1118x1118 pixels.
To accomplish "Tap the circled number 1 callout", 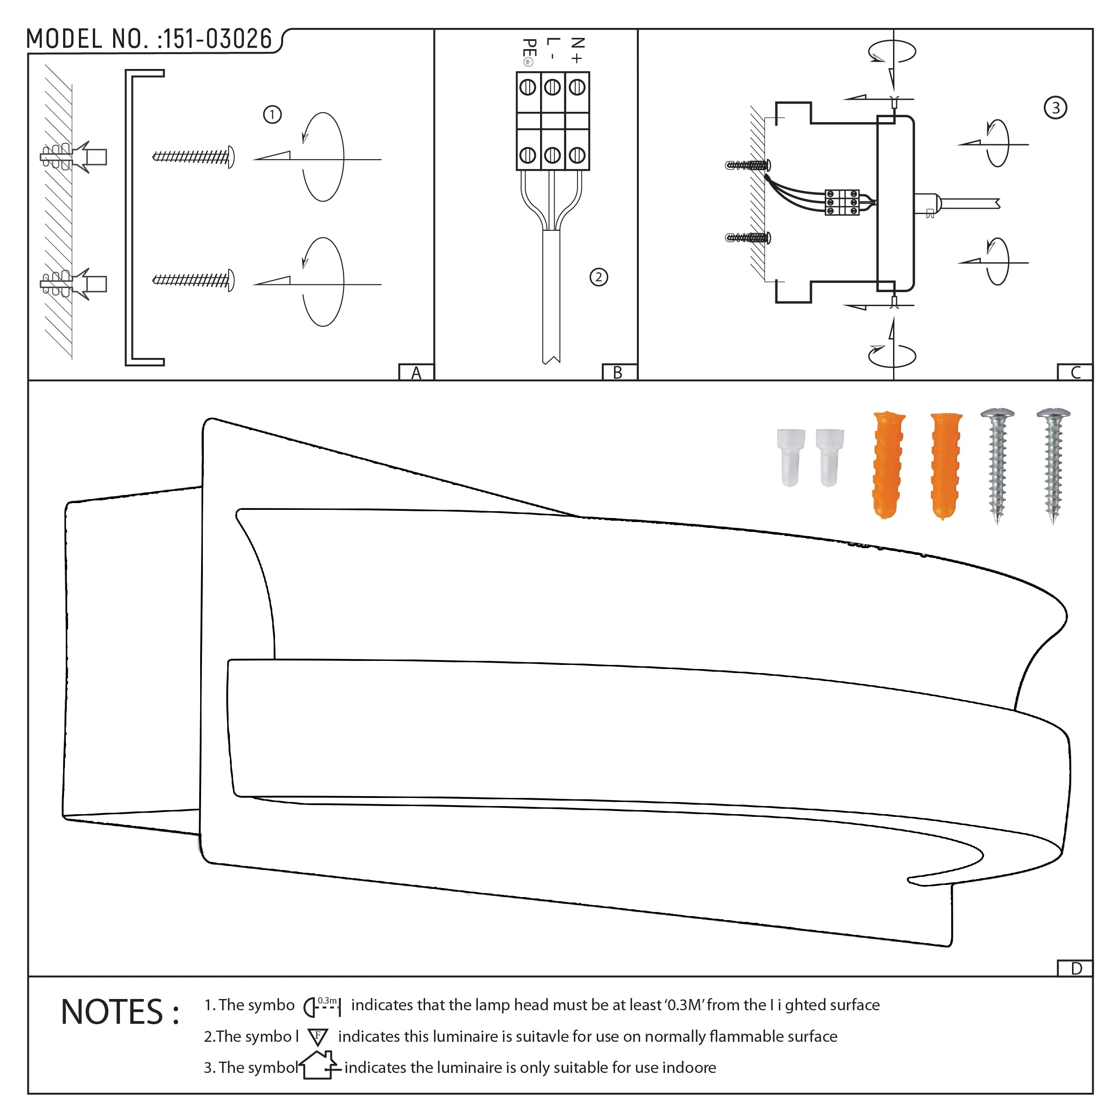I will pos(272,115).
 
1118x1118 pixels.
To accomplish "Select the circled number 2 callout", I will pos(598,277).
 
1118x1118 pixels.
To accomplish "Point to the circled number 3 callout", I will pos(1055,108).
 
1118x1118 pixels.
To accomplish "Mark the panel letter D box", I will pos(1076,969).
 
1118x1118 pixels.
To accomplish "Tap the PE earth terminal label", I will pos(528,52).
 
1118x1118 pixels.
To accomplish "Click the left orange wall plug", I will pos(888,465).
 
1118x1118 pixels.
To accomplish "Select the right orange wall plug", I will pos(945,465).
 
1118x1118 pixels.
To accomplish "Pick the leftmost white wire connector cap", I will pos(790,457).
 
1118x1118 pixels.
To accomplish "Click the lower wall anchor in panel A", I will pos(73,284).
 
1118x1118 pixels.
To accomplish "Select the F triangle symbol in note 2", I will pos(318,1036).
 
